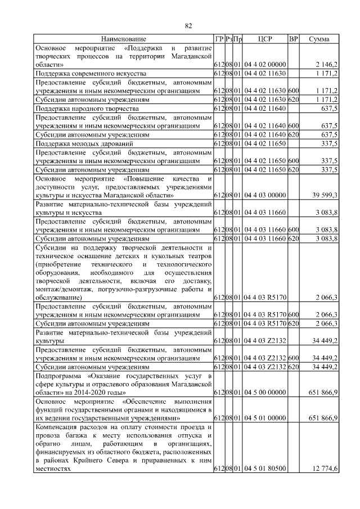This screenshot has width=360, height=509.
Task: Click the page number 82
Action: click(189, 25)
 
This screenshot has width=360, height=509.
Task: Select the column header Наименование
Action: click(123, 39)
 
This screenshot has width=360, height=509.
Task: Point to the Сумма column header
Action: click(319, 39)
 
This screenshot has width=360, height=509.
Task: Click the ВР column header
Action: click(293, 39)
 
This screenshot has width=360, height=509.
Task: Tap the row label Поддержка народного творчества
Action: click(87, 108)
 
